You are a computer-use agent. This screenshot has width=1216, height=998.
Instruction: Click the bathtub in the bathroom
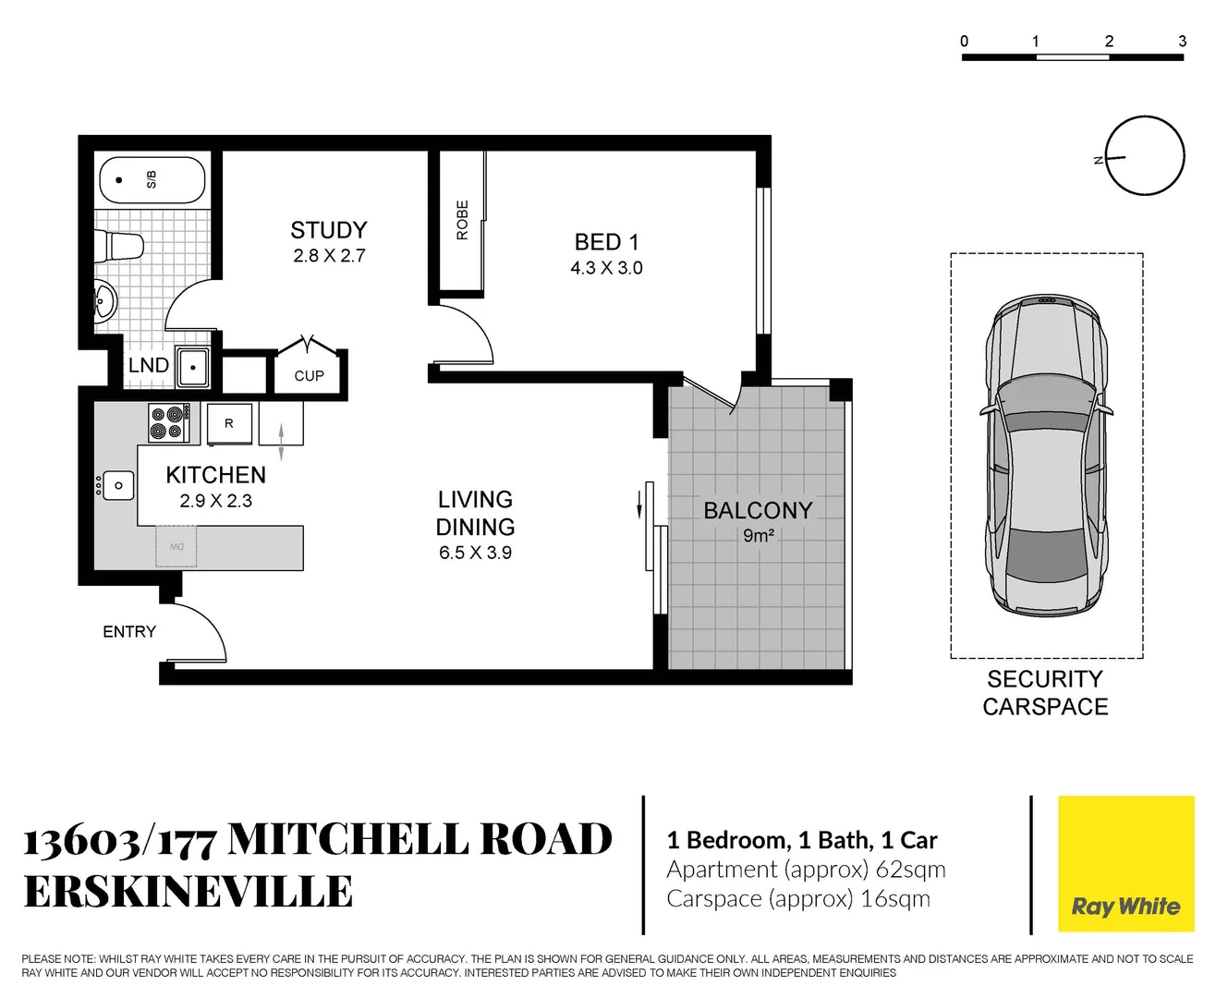coord(152,180)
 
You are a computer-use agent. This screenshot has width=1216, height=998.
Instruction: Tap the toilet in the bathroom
coord(124,247)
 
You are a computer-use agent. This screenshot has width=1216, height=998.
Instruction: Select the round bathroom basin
coord(105,300)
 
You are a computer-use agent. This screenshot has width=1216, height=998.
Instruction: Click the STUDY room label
coord(329,230)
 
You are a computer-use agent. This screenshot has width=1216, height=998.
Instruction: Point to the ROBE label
coord(462,220)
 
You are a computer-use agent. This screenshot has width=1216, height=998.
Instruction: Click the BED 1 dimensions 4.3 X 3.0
coord(606,268)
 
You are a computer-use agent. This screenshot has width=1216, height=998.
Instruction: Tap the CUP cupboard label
coord(309,376)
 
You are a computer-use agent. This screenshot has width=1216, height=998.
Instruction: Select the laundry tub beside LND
coord(193,368)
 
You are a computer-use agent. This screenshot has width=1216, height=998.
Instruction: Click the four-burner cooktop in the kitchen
coord(169,423)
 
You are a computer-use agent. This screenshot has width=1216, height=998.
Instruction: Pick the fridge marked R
coord(229,423)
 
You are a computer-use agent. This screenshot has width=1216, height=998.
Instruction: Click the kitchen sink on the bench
coord(118,485)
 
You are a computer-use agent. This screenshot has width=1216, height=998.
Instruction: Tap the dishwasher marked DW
coord(176,547)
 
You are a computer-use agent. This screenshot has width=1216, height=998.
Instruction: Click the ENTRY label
coord(129,632)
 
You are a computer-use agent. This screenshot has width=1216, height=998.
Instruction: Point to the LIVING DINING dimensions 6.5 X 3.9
coord(475,553)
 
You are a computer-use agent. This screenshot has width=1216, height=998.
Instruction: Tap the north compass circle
coord(1145,156)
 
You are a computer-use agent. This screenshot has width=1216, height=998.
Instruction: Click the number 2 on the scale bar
coord(1109,42)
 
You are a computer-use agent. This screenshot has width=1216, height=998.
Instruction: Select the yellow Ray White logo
coord(1125,865)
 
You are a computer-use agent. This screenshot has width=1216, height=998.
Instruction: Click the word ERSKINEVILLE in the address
coord(188,893)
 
